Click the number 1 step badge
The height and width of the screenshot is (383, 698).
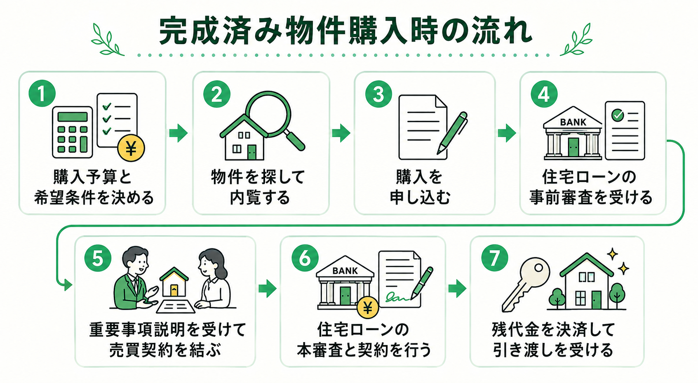tap(42, 94)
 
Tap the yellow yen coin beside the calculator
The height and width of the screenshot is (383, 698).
tap(131, 148)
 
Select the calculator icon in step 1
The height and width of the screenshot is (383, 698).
tap(73, 132)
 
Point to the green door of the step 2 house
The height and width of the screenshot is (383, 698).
tap(251, 153)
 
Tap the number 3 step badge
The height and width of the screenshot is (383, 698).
tap(378, 94)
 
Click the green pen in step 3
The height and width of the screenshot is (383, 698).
tap(452, 133)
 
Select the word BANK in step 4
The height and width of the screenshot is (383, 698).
tap(573, 122)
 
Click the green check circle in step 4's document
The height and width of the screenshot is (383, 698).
tap(618, 115)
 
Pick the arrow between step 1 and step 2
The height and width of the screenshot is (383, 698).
tap(179, 133)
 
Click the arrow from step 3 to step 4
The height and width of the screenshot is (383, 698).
tap(507, 133)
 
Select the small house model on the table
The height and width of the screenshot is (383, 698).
tap(174, 282)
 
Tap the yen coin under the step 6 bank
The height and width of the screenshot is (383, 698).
tap(368, 308)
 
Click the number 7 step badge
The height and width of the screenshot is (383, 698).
tap(494, 257)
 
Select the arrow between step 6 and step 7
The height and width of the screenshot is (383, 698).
tap(457, 288)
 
